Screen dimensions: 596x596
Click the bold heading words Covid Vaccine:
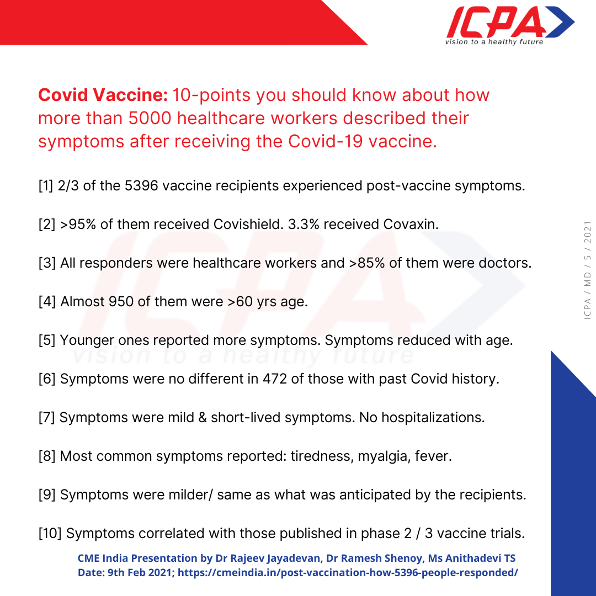tap(103, 95)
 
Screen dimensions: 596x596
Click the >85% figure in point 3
tap(367, 263)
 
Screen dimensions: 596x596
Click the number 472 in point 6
tap(276, 379)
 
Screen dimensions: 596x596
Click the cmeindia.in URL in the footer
tap(348, 573)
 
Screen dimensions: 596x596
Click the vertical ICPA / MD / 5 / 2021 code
tap(587, 270)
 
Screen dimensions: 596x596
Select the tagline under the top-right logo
tap(494, 42)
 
